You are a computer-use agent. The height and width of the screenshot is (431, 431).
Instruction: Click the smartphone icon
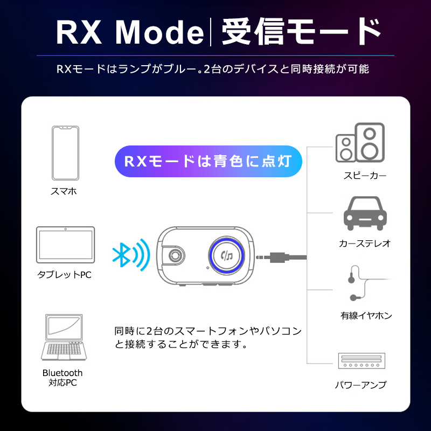pyautogui.click(x=65, y=153)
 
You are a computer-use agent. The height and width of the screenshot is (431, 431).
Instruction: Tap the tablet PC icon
pyautogui.click(x=65, y=245)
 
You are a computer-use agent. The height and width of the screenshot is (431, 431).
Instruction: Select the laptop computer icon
pyautogui.click(x=64, y=337)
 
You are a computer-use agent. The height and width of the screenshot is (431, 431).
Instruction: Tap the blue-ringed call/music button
pyautogui.click(x=226, y=255)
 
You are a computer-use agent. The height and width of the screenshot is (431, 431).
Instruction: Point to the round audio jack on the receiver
pyautogui.click(x=174, y=255)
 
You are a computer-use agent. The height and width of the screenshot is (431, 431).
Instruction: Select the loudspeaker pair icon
pyautogui.click(x=360, y=142)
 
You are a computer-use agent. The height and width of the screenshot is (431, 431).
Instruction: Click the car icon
pyautogui.click(x=365, y=213)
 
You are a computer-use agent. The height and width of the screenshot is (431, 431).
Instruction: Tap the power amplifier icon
pyautogui.click(x=362, y=360)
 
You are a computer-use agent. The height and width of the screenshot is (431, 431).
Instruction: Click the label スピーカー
pyautogui.click(x=365, y=176)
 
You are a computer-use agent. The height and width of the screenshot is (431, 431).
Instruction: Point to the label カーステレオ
pyautogui.click(x=365, y=244)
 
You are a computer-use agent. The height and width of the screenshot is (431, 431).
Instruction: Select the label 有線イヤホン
pyautogui.click(x=366, y=315)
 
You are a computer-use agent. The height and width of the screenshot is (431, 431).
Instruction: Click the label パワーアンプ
pyautogui.click(x=360, y=385)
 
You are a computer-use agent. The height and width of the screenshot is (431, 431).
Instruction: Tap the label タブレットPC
pyautogui.click(x=64, y=274)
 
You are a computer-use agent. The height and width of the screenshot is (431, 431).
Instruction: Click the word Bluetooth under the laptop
pyautogui.click(x=62, y=373)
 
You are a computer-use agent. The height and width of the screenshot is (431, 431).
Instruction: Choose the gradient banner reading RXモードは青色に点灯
pyautogui.click(x=208, y=161)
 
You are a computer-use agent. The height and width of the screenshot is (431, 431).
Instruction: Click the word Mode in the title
pyautogui.click(x=159, y=32)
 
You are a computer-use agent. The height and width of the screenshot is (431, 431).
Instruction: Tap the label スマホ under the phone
pyautogui.click(x=64, y=191)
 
